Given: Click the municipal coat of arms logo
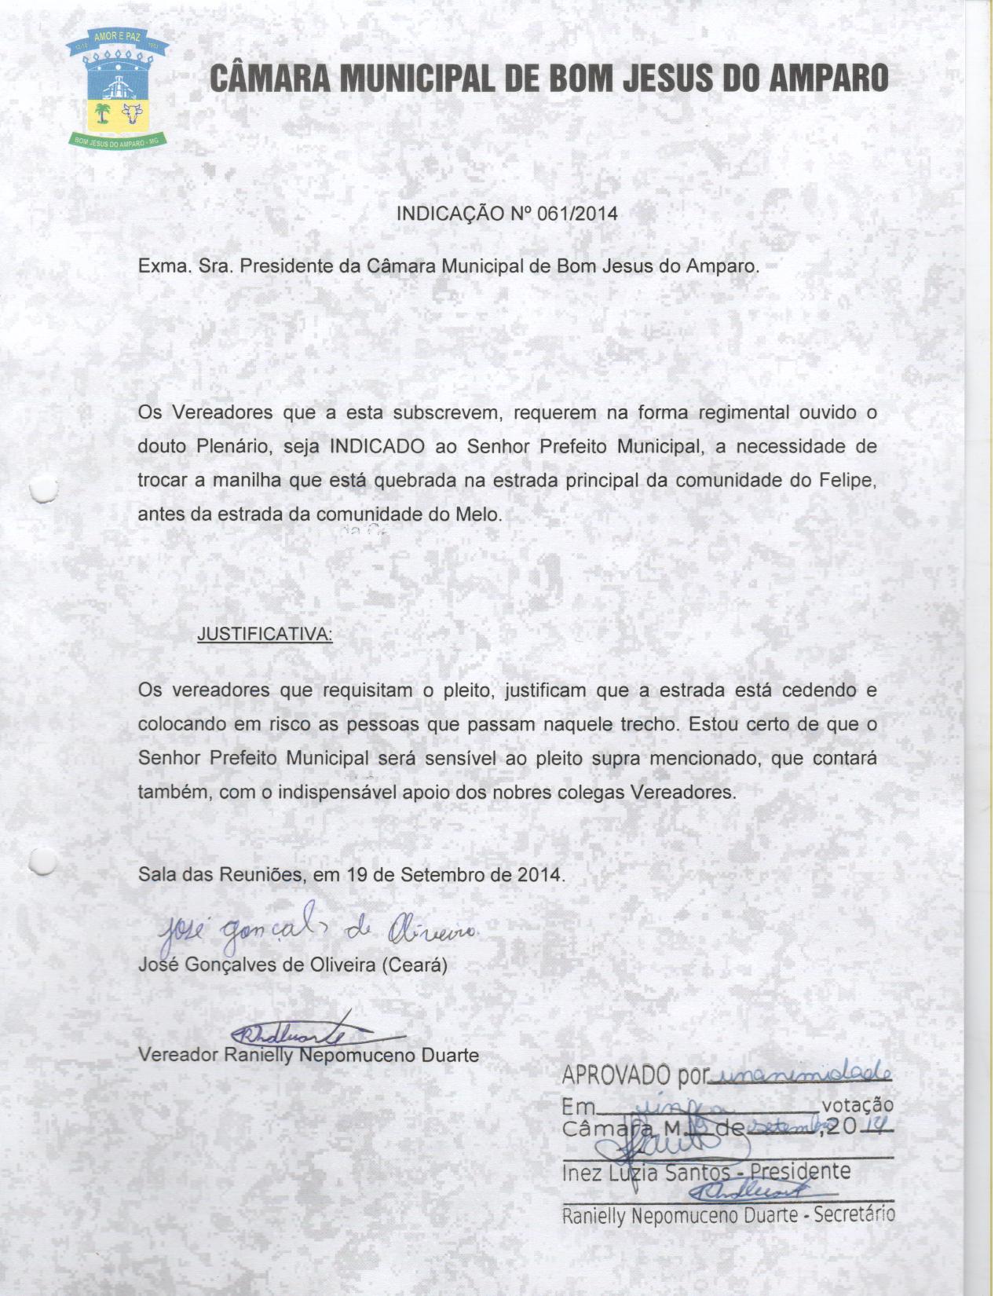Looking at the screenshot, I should [x=115, y=90].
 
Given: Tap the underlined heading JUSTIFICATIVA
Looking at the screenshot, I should [x=265, y=634].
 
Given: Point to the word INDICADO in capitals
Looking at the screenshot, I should [x=377, y=447].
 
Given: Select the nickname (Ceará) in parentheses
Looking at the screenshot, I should [x=414, y=965].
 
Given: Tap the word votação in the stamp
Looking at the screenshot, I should [x=858, y=1105].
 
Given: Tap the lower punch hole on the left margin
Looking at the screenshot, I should [x=43, y=862].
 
